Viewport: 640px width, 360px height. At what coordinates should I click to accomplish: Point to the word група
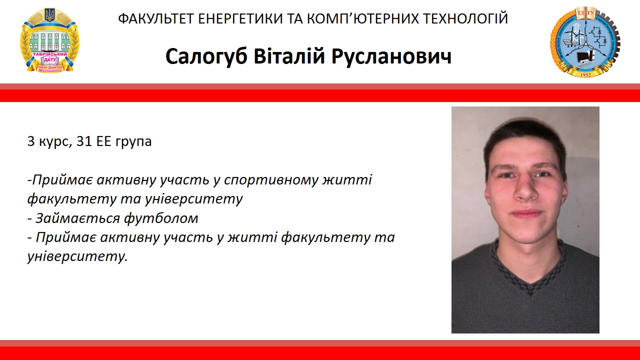tap(134, 142)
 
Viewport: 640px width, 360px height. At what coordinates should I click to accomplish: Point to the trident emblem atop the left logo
tap(49, 15)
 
